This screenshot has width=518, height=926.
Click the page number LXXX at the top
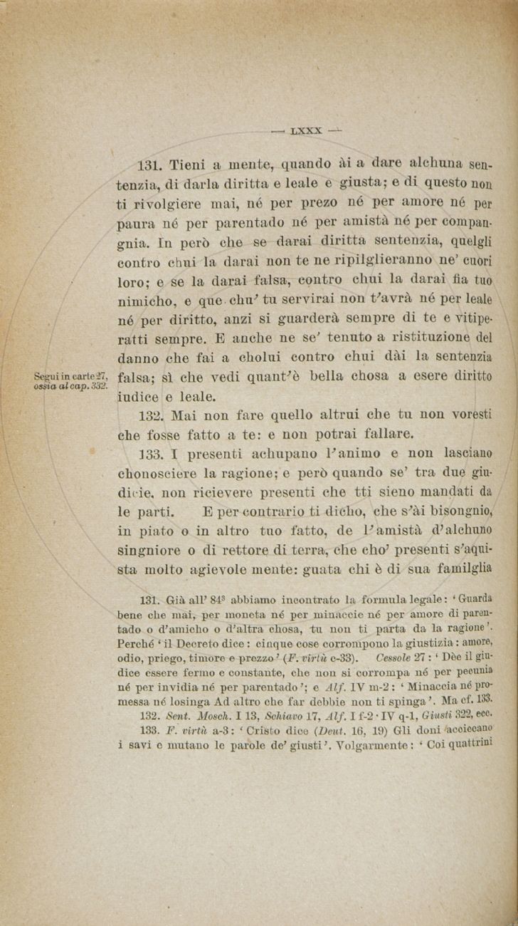(307, 131)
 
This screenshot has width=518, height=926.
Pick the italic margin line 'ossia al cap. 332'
(70, 385)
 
